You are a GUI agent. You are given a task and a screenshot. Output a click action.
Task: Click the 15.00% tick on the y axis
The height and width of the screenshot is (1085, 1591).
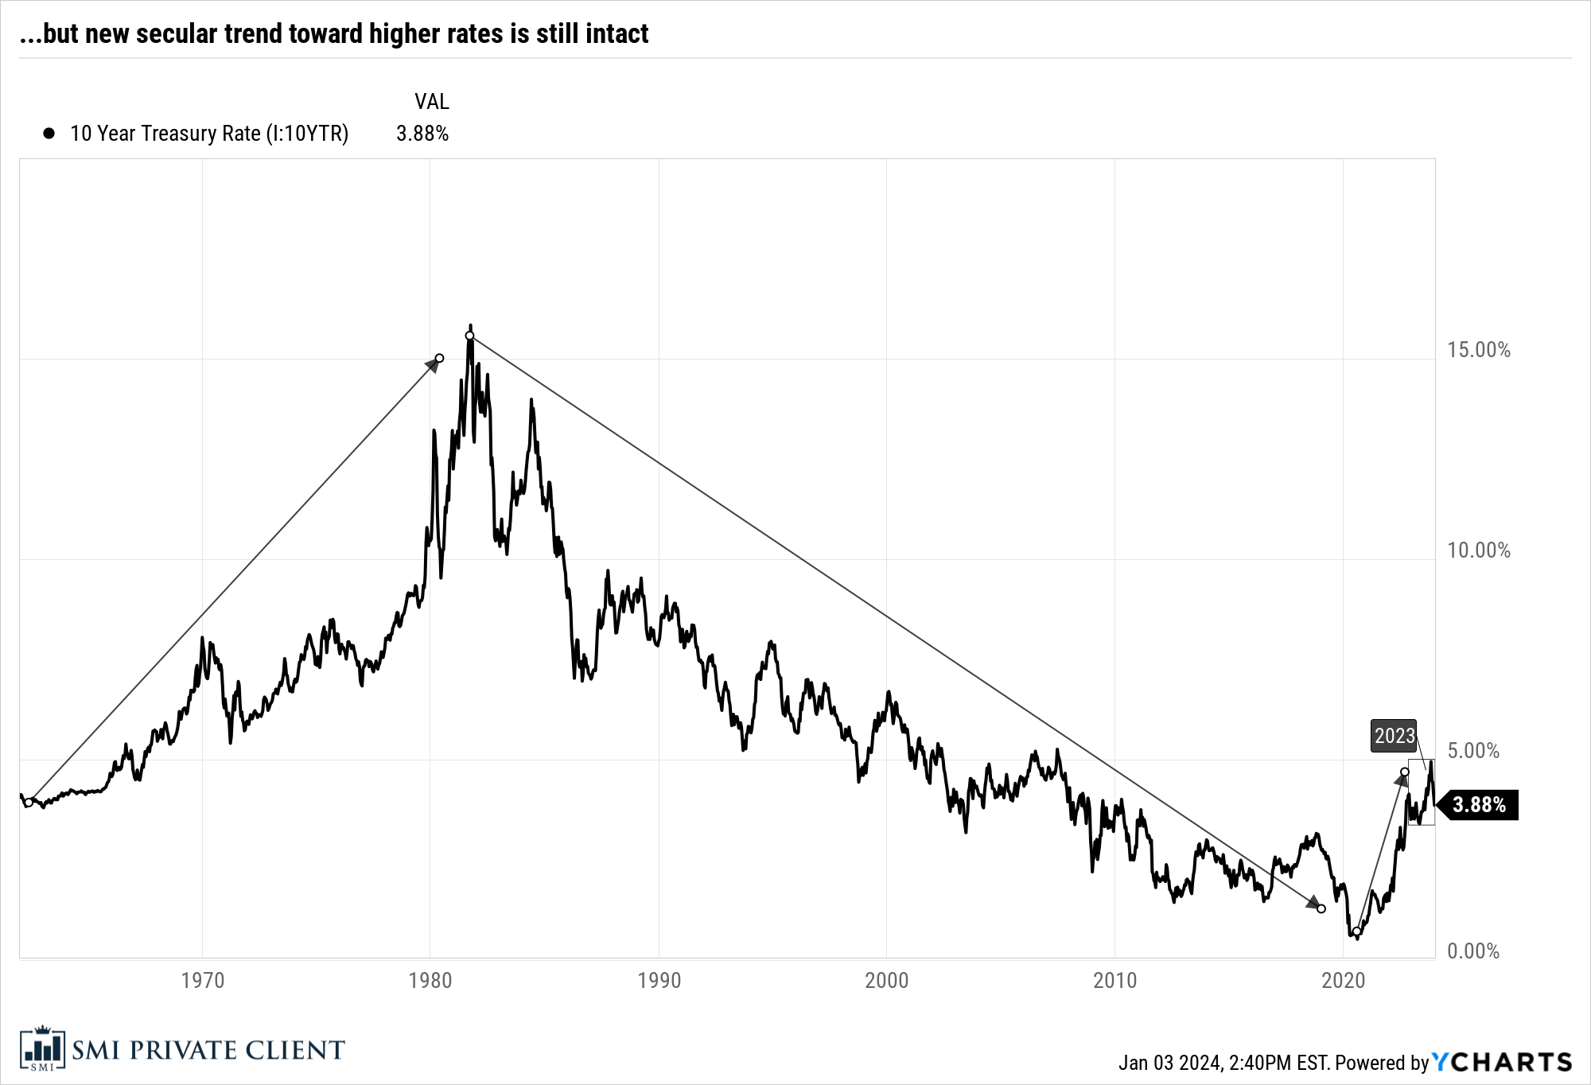[1478, 350]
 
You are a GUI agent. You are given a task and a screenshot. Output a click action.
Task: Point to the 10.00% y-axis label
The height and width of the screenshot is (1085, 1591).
[1478, 550]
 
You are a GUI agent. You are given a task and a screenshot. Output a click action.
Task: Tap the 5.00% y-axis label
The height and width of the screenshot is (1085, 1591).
[1472, 751]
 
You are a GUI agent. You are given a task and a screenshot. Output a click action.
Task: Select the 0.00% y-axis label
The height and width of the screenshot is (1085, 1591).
[1472, 951]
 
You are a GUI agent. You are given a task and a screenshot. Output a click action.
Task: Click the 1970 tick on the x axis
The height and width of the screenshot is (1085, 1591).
[202, 980]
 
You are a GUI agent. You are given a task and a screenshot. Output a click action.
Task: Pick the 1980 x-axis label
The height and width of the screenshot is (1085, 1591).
[430, 980]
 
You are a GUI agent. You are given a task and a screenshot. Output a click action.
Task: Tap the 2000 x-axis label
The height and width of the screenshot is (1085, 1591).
[886, 980]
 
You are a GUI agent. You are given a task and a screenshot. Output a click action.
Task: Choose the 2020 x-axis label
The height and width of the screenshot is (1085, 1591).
[1343, 980]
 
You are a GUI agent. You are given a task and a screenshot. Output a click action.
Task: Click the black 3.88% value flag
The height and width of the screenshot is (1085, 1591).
[1479, 805]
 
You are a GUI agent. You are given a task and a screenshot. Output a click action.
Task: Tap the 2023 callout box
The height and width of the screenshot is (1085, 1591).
[1394, 736]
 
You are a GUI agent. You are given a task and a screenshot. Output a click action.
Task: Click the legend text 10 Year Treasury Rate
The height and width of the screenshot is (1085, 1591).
[208, 134]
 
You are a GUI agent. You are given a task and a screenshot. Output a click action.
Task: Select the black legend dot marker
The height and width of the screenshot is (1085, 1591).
[49, 134]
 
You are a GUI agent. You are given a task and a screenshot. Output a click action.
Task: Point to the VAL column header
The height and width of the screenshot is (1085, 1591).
[431, 102]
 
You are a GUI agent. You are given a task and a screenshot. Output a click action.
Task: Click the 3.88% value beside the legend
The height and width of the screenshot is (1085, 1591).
[422, 134]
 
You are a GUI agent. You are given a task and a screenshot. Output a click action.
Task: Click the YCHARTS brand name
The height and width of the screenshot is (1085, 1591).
[1502, 1062]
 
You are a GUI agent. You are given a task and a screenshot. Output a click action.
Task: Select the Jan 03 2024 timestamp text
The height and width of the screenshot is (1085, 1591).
[1169, 1063]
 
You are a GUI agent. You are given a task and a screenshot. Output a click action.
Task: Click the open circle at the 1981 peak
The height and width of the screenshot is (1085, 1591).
[469, 336]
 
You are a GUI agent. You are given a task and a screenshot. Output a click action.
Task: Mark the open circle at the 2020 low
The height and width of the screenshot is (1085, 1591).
[1356, 931]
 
